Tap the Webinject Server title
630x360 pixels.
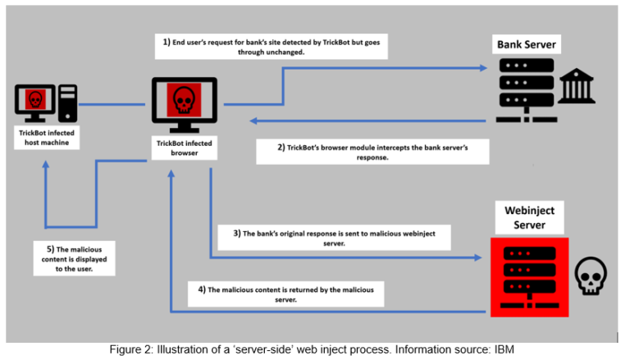click(x=529, y=217)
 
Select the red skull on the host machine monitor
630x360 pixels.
click(x=34, y=100)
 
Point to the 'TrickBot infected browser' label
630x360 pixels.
click(x=184, y=148)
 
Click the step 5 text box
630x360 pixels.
click(x=73, y=256)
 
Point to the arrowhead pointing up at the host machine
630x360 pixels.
click(x=48, y=164)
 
